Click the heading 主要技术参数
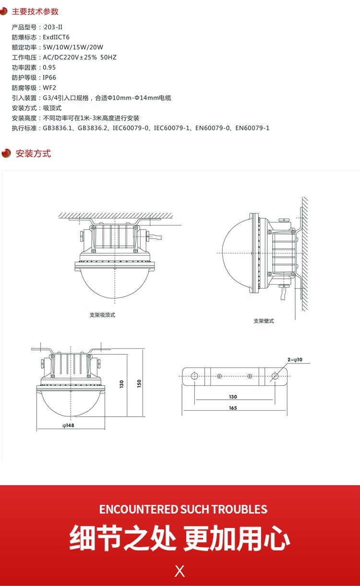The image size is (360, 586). tap(35, 12)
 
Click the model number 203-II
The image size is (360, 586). tap(53, 27)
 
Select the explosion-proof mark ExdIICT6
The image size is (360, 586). tap(56, 37)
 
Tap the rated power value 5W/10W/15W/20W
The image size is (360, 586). tap(73, 48)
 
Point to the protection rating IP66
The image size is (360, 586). tap(49, 77)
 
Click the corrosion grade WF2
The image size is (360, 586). tap(49, 88)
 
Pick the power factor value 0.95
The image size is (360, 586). tap(49, 68)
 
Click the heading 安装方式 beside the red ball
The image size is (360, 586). tap(33, 154)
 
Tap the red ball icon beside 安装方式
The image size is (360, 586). tap(6, 153)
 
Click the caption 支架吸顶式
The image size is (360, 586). tap(102, 315)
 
